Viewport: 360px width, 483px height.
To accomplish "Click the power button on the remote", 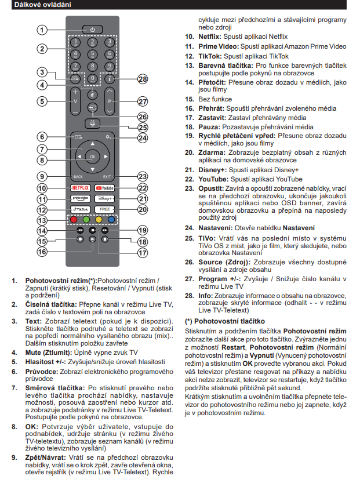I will tap(93, 29).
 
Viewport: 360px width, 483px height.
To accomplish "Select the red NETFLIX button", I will tap(80, 188).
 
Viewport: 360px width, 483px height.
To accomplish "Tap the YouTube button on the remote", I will tap(106, 188).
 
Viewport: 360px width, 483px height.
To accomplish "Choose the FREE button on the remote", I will tap(106, 209).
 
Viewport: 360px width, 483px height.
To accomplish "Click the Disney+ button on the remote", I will tap(106, 199).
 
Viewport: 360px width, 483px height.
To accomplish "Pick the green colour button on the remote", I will tap(86, 220).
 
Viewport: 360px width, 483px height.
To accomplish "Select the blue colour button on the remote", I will tap(111, 220).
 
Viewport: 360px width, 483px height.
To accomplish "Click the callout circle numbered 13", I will tap(42, 221).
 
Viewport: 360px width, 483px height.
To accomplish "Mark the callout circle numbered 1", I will tap(42, 29).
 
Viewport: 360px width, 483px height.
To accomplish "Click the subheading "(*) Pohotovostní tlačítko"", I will tap(224, 321).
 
